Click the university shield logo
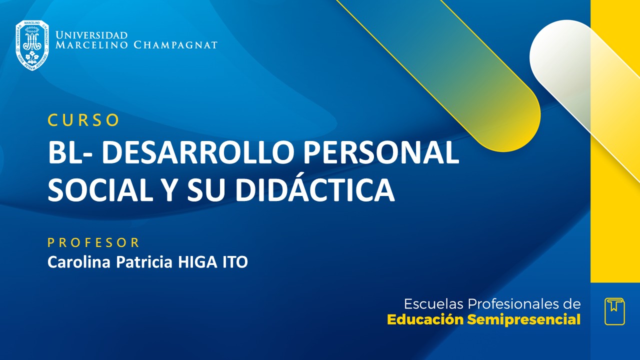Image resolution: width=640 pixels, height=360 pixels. [32, 45]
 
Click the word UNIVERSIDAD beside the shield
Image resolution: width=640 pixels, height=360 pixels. [91, 35]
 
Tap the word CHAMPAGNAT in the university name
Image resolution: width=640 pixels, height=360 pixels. [175, 45]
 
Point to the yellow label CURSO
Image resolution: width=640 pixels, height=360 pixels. [83, 120]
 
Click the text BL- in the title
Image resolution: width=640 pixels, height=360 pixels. [69, 153]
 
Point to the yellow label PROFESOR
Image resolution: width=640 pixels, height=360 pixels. [93, 243]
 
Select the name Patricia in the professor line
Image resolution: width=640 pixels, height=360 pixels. [145, 262]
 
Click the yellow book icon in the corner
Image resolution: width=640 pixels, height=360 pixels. [614, 311]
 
